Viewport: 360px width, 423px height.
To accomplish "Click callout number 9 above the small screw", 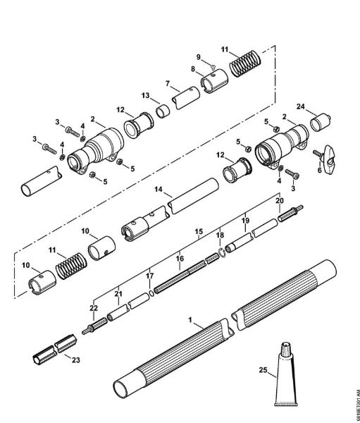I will click(198, 56).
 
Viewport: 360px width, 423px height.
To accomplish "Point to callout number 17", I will click(149, 276).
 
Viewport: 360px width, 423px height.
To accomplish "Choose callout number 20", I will click(279, 201).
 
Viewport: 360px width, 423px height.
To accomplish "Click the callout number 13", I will click(144, 94).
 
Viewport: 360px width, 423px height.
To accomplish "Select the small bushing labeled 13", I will click(163, 111).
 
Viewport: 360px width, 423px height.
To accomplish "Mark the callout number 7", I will click(168, 84).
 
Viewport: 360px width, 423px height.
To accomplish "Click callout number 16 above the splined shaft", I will click(180, 259).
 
